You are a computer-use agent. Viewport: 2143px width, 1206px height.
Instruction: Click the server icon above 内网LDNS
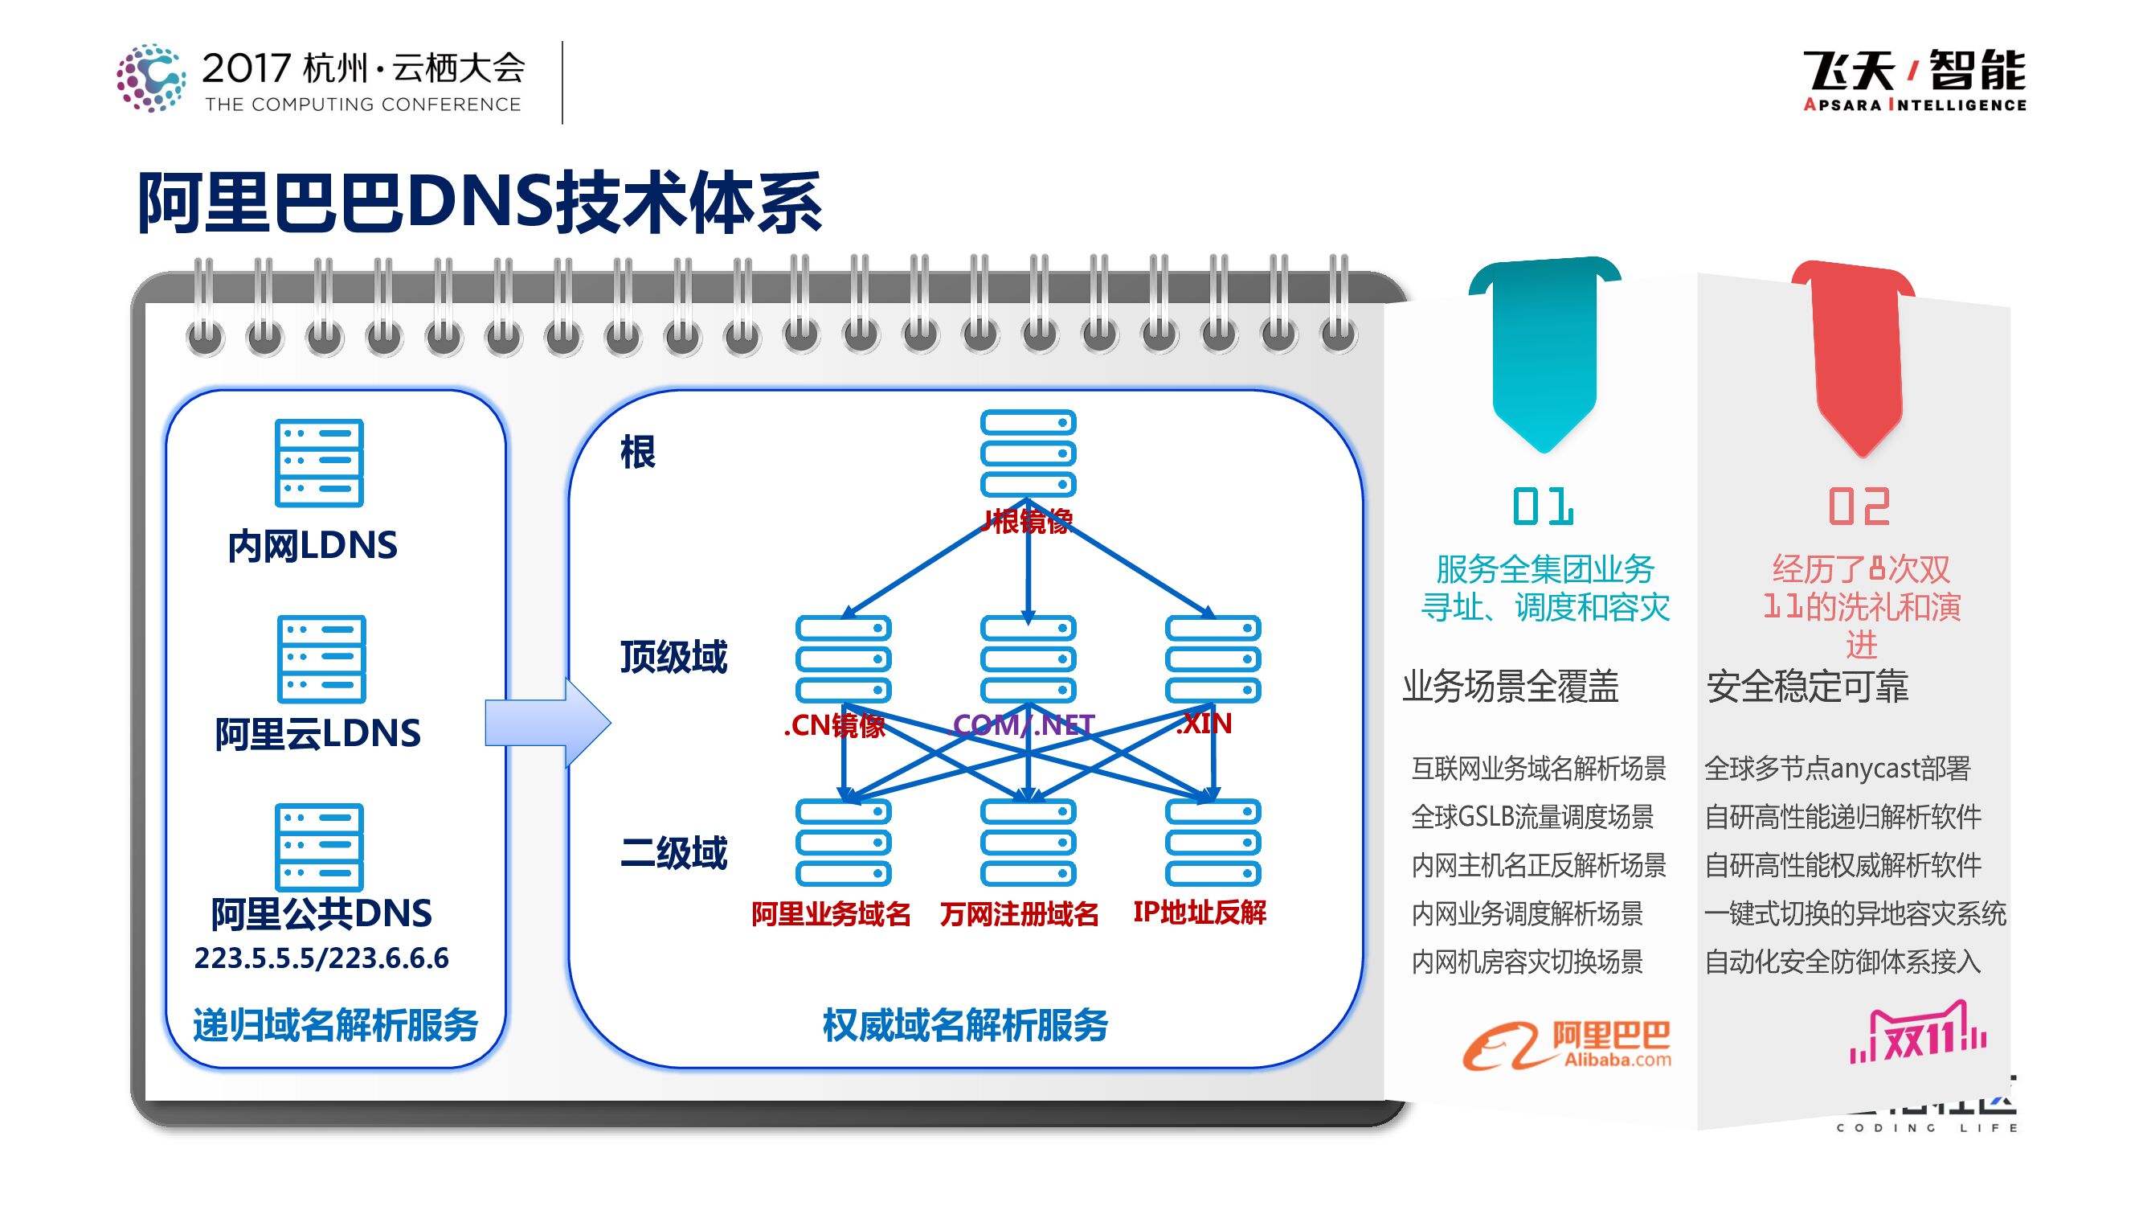pyautogui.click(x=319, y=463)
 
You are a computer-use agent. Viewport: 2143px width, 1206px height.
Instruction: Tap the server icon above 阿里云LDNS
pyautogui.click(x=321, y=658)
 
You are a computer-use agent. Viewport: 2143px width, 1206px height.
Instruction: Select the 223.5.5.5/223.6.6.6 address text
pyautogui.click(x=321, y=958)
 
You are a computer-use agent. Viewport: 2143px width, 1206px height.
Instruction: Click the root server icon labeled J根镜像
pyautogui.click(x=1029, y=453)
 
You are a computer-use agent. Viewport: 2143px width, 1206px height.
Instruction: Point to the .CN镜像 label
pyautogui.click(x=833, y=725)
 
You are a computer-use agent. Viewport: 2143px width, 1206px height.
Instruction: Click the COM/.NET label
pyautogui.click(x=1023, y=725)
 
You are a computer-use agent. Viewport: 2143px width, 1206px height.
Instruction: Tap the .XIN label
pyautogui.click(x=1203, y=724)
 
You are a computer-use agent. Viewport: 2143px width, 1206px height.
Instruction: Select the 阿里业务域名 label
pyautogui.click(x=830, y=914)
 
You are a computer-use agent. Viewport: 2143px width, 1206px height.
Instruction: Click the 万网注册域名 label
pyautogui.click(x=1019, y=914)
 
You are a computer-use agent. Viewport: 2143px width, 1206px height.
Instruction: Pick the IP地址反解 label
pyautogui.click(x=1199, y=913)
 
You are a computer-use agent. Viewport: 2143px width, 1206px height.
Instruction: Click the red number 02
pyautogui.click(x=1859, y=507)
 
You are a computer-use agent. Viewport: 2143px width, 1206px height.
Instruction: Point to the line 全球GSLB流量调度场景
pyautogui.click(x=1532, y=817)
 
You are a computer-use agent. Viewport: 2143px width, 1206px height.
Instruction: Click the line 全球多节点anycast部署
pyautogui.click(x=1837, y=768)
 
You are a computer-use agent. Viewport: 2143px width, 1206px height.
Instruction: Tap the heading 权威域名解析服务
pyautogui.click(x=965, y=1025)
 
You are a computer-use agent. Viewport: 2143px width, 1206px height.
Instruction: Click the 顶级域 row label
pyautogui.click(x=673, y=657)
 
